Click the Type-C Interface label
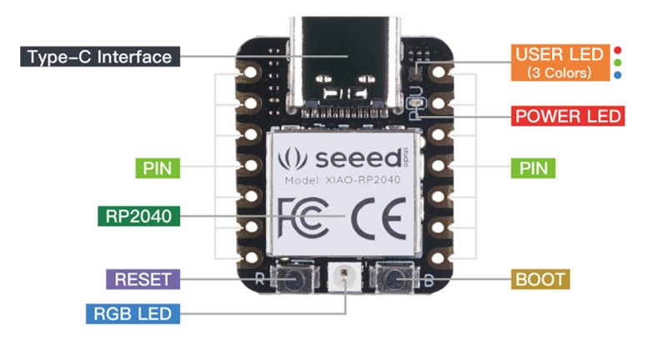click(98, 57)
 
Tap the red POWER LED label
click(568, 116)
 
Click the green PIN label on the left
click(157, 168)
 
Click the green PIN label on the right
click(534, 168)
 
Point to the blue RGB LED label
click(133, 314)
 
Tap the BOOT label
click(540, 279)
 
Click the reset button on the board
click(293, 280)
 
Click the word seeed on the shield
click(347, 157)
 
